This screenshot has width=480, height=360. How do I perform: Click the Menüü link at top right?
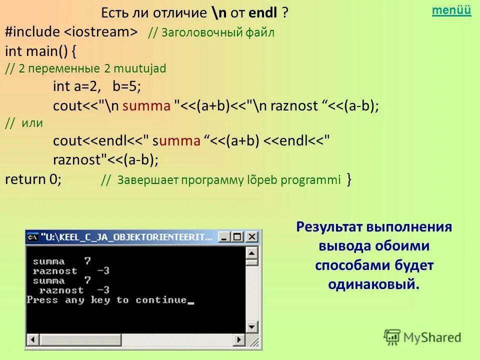tap(451, 10)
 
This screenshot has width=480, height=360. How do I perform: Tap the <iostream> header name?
tap(100, 32)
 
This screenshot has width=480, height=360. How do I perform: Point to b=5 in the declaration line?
tap(126, 86)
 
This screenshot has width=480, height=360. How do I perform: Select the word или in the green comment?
tap(32, 123)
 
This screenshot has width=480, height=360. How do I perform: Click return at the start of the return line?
tap(25, 179)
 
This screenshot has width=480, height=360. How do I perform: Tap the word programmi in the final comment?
tap(310, 179)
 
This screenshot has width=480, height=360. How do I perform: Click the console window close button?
tap(252, 237)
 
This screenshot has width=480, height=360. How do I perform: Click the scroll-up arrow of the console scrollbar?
tap(253, 250)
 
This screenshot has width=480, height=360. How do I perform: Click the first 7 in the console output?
tap(87, 261)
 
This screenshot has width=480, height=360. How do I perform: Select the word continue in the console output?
tap(161, 300)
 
